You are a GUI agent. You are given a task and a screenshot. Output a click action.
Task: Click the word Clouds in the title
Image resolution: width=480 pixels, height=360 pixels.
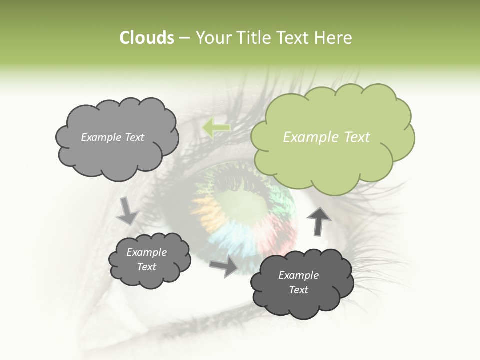point(146,38)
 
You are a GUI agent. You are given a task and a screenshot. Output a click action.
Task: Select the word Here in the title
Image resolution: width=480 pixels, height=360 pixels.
point(333,38)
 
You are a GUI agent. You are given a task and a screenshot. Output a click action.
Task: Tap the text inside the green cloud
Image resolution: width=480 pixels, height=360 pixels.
point(326,137)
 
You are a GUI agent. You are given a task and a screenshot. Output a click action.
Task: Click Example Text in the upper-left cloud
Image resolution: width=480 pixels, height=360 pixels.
point(112,137)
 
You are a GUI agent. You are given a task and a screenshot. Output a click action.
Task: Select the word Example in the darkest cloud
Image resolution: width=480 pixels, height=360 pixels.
point(298,275)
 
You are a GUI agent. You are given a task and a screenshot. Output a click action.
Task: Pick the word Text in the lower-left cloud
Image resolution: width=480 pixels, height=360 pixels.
point(147,267)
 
